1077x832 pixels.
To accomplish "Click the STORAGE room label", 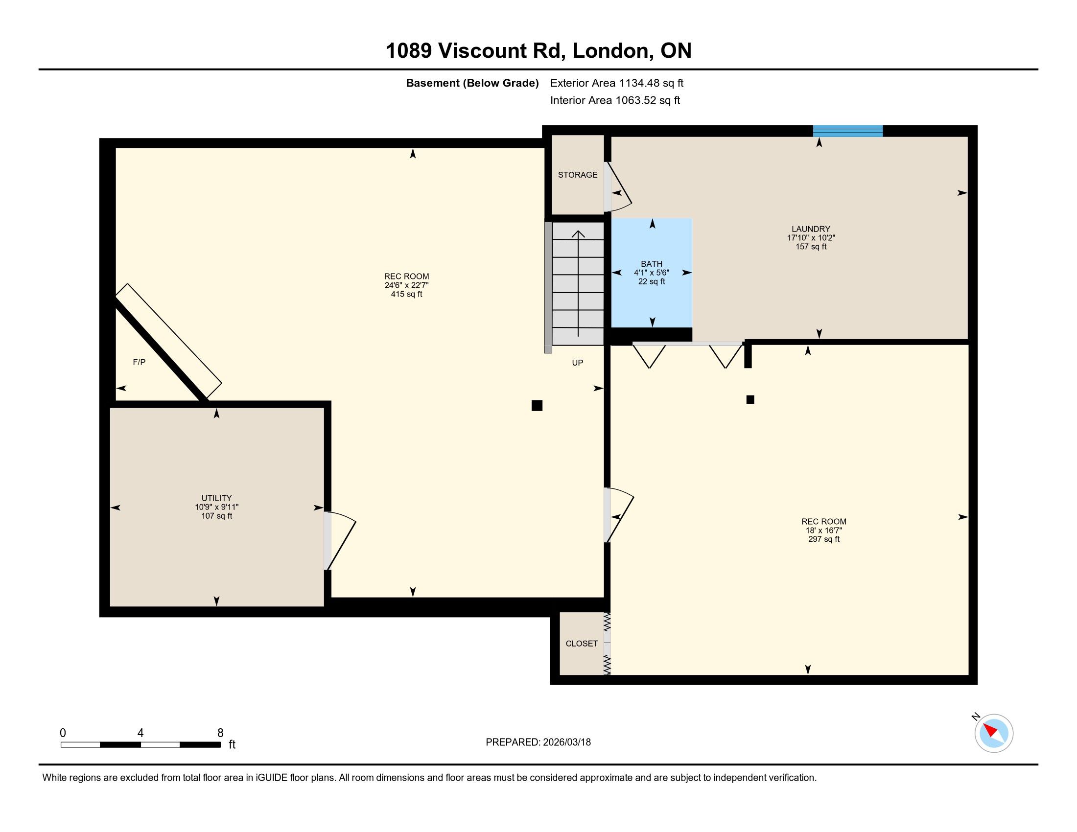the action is pyautogui.click(x=578, y=175).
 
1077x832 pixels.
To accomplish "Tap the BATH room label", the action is pyautogui.click(x=652, y=264).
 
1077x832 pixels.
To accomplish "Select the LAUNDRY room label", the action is pyautogui.click(x=811, y=229).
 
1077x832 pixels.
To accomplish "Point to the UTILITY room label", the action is pyautogui.click(x=216, y=498).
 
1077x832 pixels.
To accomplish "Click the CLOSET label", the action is pyautogui.click(x=582, y=644).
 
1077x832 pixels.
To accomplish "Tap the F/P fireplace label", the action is pyautogui.click(x=139, y=362).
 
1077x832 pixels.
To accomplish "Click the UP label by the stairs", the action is pyautogui.click(x=578, y=363).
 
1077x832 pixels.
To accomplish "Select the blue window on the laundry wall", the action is pyautogui.click(x=848, y=131).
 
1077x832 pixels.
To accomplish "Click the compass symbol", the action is pyautogui.click(x=994, y=733).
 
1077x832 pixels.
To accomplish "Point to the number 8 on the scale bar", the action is pyautogui.click(x=220, y=733).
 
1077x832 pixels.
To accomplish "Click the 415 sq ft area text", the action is pyautogui.click(x=406, y=294).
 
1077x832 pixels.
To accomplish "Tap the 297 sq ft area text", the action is pyautogui.click(x=823, y=539).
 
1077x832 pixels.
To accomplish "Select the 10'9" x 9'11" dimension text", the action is pyautogui.click(x=216, y=507).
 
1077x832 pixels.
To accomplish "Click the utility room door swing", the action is pyautogui.click(x=340, y=540).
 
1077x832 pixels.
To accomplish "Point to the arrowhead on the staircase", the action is pyautogui.click(x=578, y=233).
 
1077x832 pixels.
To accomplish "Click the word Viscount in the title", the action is pyautogui.click(x=482, y=51).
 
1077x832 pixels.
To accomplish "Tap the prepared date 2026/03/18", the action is pyautogui.click(x=566, y=742).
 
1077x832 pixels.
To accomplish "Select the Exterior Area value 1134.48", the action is pyautogui.click(x=639, y=83).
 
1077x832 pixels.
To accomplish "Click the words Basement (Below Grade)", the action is pyautogui.click(x=472, y=83).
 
